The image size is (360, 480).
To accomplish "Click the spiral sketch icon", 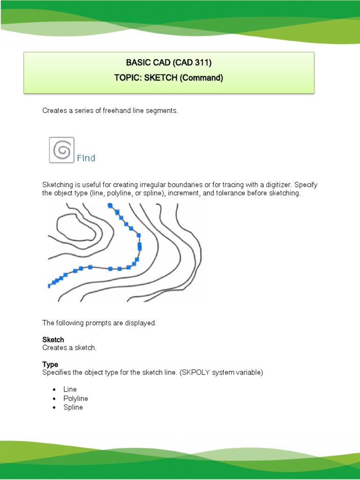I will point(62,150).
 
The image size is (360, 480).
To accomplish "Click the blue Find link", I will point(86,158).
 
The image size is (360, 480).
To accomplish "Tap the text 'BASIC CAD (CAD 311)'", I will point(169,63).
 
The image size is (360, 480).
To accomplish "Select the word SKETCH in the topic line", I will point(159,78).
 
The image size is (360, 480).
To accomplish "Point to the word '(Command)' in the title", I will point(201,78).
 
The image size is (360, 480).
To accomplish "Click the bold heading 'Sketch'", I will point(53,339).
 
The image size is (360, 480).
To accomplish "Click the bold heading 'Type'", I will point(50,364).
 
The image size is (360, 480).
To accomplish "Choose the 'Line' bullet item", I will point(70,390).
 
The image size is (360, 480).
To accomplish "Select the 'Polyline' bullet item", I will point(75,398).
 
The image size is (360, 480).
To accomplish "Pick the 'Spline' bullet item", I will point(73,407).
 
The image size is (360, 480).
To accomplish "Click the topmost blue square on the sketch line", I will point(110,205).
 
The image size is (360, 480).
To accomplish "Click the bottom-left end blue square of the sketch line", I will point(49,285).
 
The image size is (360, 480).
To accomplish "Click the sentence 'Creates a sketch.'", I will point(69,348).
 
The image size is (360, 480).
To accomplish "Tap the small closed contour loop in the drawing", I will point(78,229).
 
